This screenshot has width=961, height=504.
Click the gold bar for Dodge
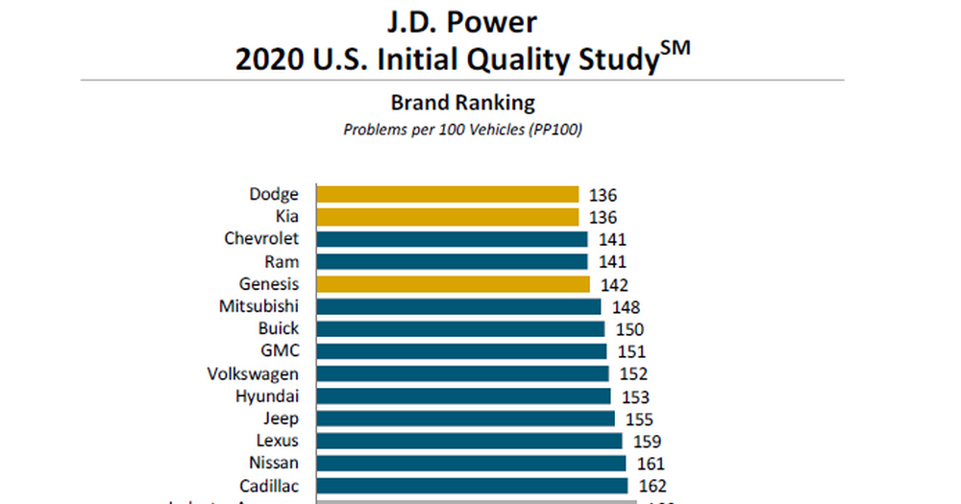448,194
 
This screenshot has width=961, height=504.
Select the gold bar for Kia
448,217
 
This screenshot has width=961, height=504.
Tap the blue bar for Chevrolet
452,239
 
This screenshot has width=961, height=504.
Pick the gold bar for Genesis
453,284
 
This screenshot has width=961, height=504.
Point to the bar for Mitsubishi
458,306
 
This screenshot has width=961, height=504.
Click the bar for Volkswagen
462,373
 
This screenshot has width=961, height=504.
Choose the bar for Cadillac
472,486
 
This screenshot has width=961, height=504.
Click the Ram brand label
282,261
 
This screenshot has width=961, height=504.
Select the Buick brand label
278,328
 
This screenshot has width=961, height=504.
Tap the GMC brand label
280,351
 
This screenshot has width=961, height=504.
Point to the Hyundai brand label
267,396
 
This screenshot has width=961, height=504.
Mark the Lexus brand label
278,441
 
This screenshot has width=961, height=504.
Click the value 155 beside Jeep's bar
639,419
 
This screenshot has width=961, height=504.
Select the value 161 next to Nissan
650,464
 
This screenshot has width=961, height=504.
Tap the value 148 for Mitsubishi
625,307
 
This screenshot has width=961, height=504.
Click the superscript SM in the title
676,50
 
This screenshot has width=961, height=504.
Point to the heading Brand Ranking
462,102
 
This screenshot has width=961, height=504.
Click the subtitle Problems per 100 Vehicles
462,130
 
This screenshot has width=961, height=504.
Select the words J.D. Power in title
462,21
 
